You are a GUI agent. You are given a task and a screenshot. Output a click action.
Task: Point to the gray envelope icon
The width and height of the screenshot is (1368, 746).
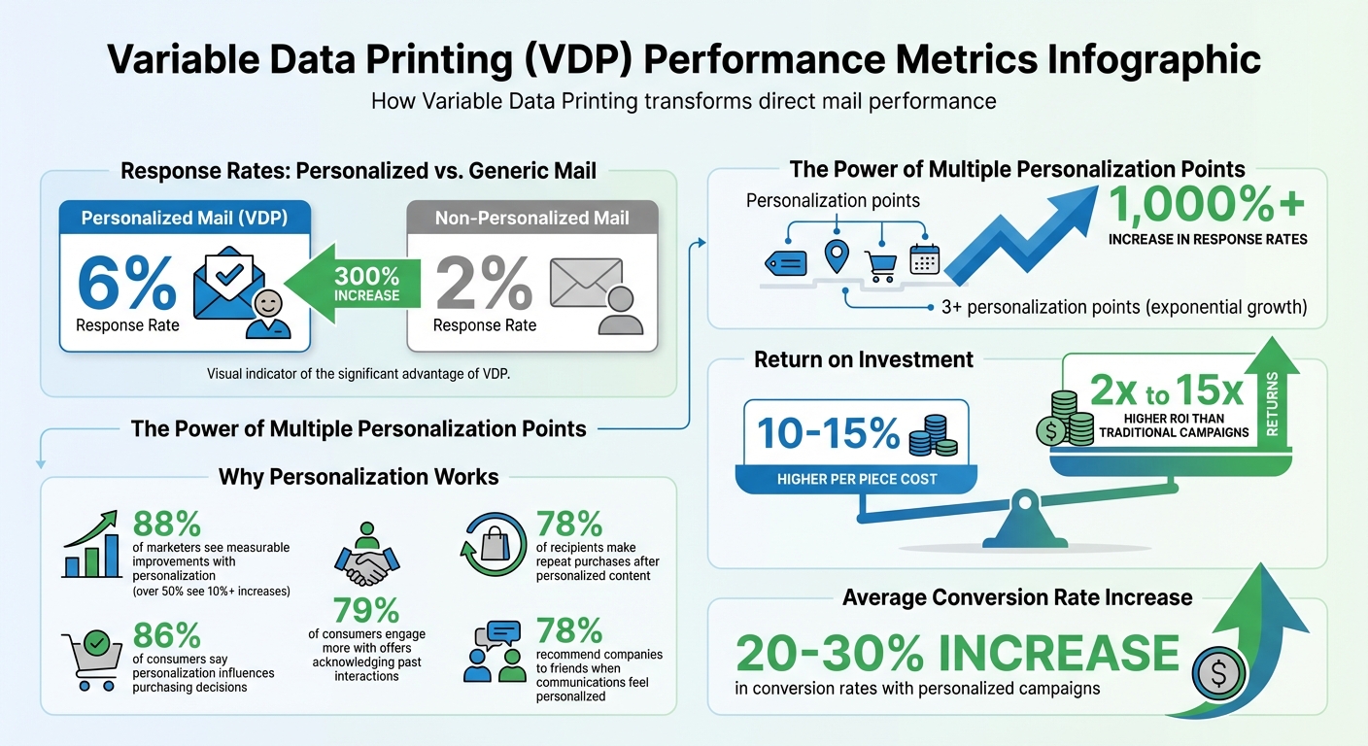coord(585,283)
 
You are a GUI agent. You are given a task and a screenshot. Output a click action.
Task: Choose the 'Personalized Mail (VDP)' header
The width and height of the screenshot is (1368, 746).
coord(184,218)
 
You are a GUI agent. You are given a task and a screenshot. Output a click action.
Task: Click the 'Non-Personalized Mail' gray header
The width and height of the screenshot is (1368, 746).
coord(531,218)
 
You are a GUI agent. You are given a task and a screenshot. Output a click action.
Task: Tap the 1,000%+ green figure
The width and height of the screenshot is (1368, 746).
coord(1204,207)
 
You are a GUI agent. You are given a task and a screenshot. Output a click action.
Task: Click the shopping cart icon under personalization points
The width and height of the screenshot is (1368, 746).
coord(881,260)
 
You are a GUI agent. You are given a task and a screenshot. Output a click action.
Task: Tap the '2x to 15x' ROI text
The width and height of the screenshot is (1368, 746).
coord(1166,392)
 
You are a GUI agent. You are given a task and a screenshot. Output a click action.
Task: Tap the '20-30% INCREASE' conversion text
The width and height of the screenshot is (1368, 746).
coord(957,653)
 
